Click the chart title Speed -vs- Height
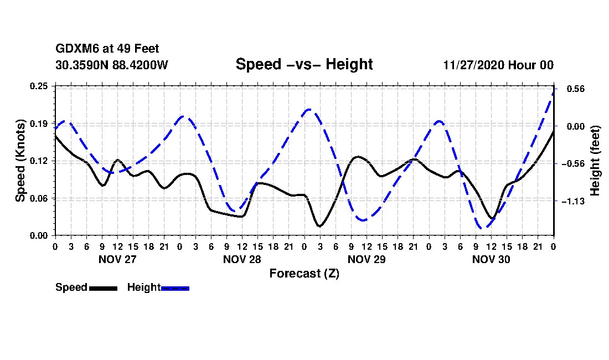pos(304,64)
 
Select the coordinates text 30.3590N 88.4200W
pos(112,65)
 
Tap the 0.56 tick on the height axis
pos(571,89)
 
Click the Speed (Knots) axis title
pos(20,161)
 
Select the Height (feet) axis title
pos(595,161)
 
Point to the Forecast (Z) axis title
pos(304,273)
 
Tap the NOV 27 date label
pos(118,259)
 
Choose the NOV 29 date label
pos(367,259)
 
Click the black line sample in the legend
pos(103,288)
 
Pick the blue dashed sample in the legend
pos(176,288)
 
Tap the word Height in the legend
pos(144,287)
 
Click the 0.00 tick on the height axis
pos(571,126)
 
